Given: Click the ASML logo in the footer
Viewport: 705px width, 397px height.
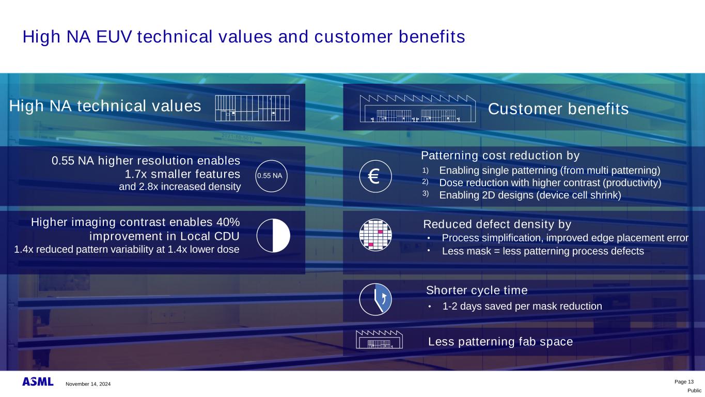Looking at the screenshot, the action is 38,381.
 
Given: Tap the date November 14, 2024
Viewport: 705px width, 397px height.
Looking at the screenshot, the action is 88,384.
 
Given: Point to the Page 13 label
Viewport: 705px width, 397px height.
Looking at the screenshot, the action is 684,382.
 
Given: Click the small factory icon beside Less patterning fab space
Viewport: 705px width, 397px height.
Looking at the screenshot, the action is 379,340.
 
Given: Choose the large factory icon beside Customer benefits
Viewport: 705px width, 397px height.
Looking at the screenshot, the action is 418,109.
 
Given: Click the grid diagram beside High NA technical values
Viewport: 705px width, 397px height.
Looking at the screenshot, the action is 253,108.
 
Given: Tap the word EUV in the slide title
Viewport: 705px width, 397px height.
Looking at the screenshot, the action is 114,37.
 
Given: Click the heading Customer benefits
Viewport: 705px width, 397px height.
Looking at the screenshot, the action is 558,109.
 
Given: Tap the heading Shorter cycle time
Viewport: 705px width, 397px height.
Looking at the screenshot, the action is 477,290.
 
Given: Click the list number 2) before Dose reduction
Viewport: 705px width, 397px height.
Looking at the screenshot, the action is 425,182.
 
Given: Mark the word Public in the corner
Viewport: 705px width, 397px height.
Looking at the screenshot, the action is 695,391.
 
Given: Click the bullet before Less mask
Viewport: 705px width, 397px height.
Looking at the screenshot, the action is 429,251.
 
